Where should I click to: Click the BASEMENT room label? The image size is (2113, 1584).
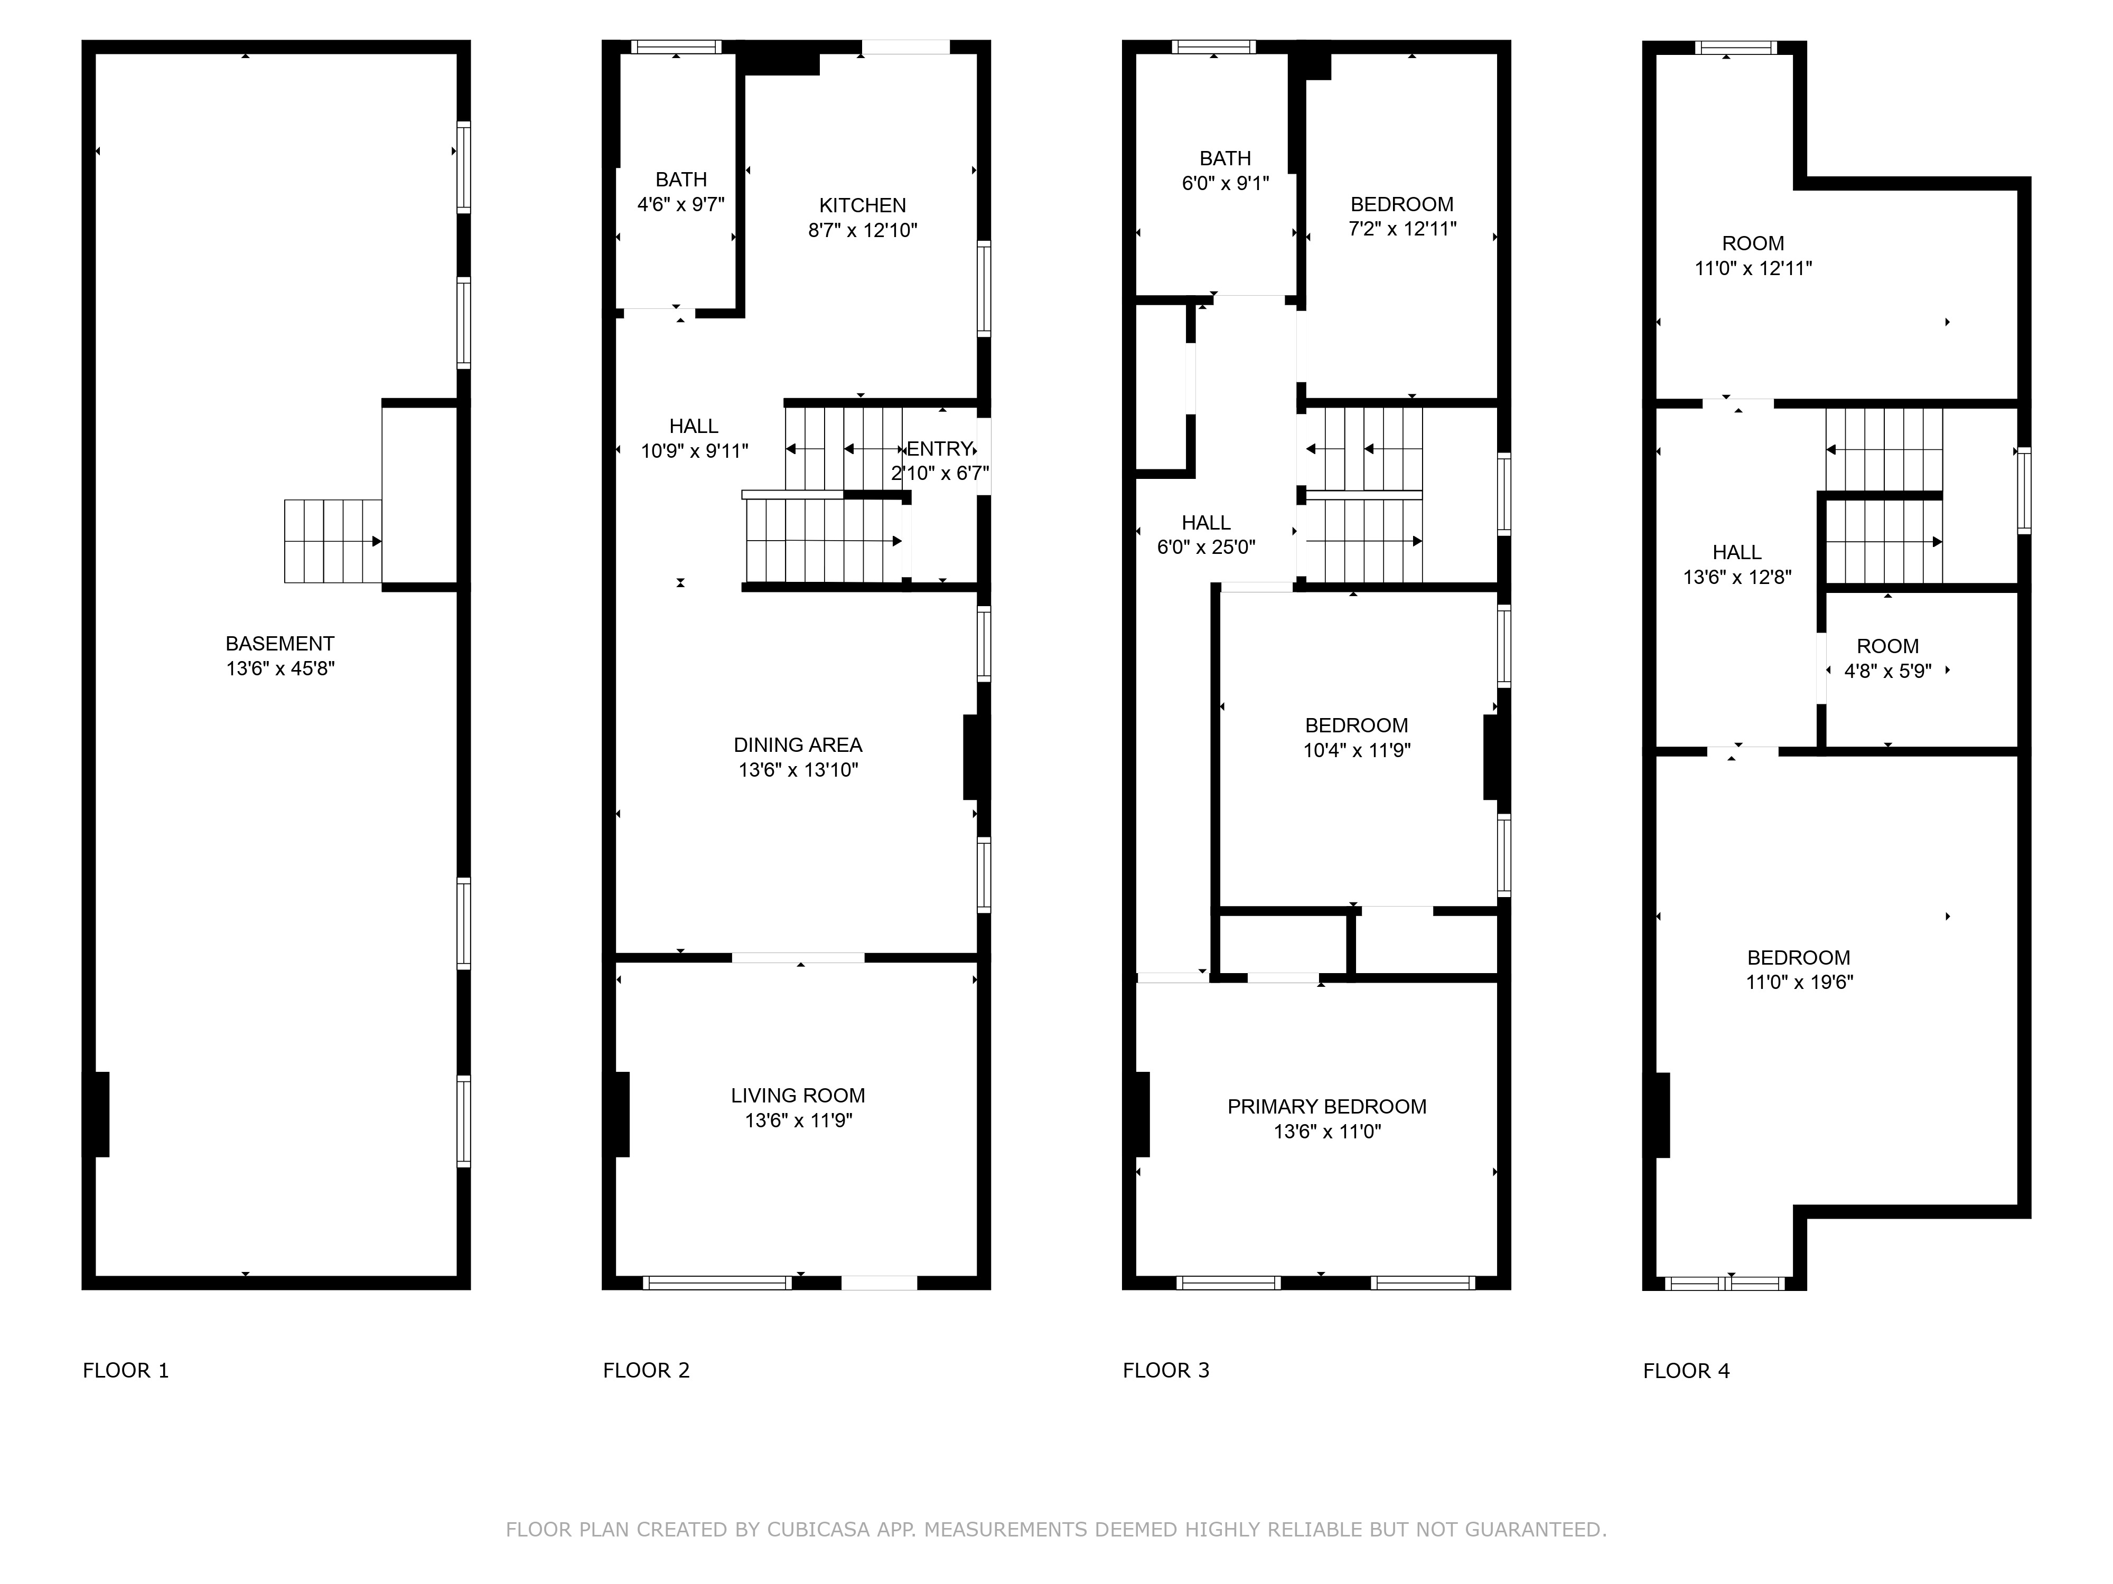click(280, 644)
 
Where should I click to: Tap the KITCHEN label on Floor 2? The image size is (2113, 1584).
click(863, 205)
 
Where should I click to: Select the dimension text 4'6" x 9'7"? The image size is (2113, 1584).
click(681, 204)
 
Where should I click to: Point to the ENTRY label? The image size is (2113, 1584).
click(940, 449)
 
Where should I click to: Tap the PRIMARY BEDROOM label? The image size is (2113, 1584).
click(1327, 1107)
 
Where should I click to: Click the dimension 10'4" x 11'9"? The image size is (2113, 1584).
click(1357, 750)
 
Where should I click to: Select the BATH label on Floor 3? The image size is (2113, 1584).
click(1226, 158)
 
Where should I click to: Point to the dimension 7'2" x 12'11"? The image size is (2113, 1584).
click(1403, 229)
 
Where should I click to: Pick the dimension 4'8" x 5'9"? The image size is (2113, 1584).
click(1887, 671)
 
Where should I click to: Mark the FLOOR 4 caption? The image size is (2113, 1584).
click(1687, 1371)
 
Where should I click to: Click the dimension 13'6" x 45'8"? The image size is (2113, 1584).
click(280, 668)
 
